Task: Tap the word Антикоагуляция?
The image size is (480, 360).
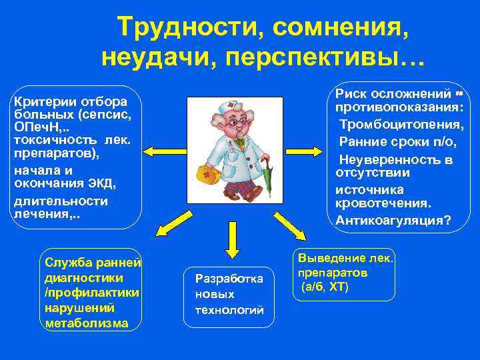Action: [x=393, y=221]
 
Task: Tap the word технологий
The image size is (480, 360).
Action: [x=229, y=310]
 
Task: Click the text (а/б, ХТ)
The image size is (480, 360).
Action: [x=325, y=287]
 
